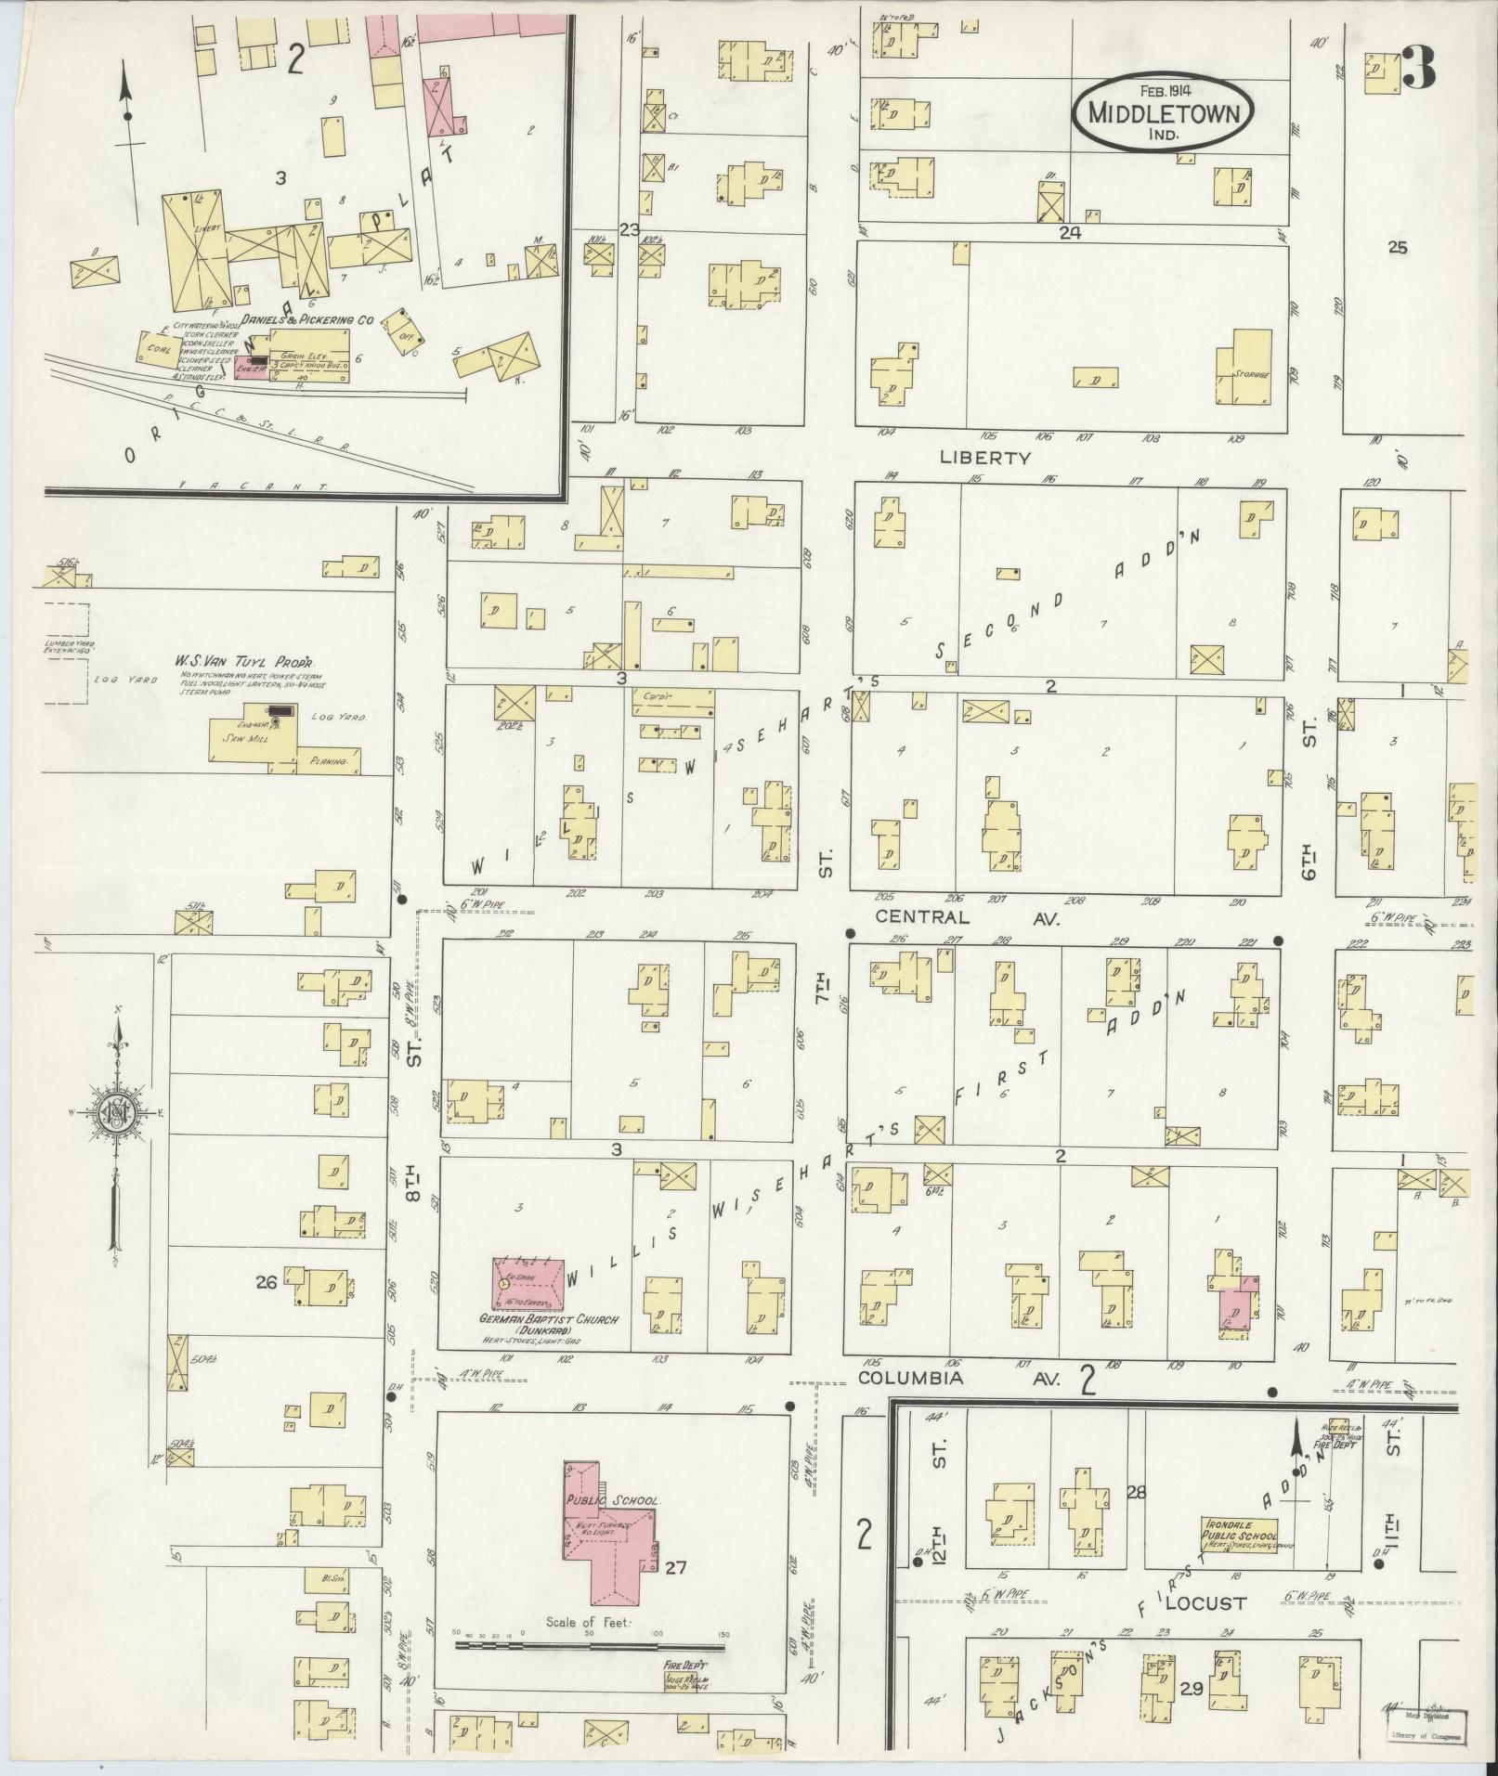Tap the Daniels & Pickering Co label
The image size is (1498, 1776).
point(306,319)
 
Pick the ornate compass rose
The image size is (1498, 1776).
point(118,1115)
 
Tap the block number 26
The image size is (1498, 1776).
point(267,1284)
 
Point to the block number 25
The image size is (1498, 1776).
point(1397,248)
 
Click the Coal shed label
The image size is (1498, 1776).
point(156,350)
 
